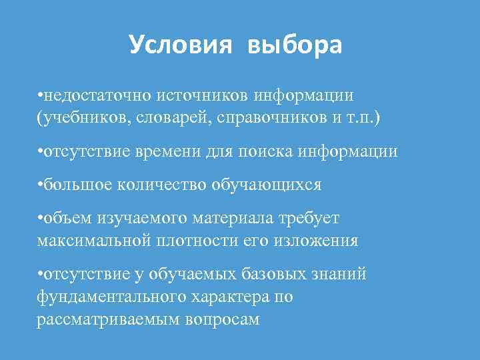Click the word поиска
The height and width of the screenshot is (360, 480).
[x=276, y=151]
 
